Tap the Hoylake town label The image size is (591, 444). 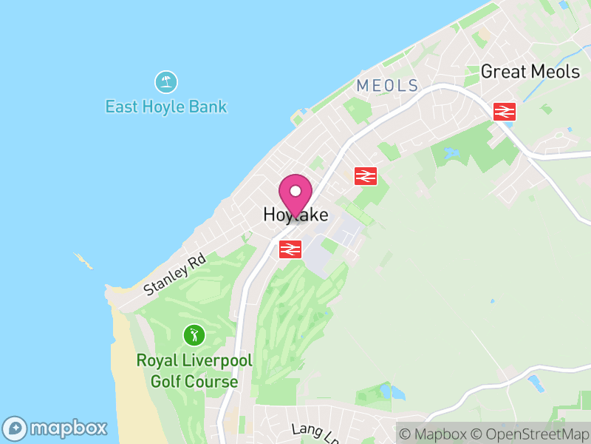[295, 215]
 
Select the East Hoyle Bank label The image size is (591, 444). [165, 107]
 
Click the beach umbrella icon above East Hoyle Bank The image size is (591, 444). [165, 81]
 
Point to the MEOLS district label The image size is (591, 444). [387, 86]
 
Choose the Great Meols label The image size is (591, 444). [530, 72]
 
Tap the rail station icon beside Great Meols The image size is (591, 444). [505, 111]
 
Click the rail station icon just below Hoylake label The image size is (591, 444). [290, 249]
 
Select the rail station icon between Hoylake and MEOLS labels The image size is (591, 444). [366, 175]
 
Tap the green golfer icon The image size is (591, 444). [194, 335]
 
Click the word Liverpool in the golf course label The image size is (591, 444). [216, 362]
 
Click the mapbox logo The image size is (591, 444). [55, 428]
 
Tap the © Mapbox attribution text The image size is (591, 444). [434, 434]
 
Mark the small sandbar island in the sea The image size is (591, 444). [83, 260]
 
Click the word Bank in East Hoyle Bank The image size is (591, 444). [208, 107]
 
